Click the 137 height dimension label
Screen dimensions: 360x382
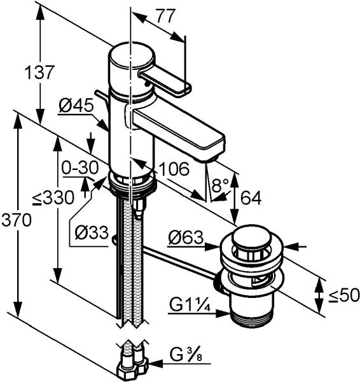(39, 72)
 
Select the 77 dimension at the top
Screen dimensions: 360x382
(165, 16)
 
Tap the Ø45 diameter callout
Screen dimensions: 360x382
(76, 106)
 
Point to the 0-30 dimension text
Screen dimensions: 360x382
(80, 167)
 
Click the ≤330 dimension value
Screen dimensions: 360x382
(53, 197)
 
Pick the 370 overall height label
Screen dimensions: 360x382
(17, 220)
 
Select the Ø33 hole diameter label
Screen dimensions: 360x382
(92, 232)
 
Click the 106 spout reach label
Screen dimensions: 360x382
(173, 169)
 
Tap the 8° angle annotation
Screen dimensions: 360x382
(220, 185)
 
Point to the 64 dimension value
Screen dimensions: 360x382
(251, 198)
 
